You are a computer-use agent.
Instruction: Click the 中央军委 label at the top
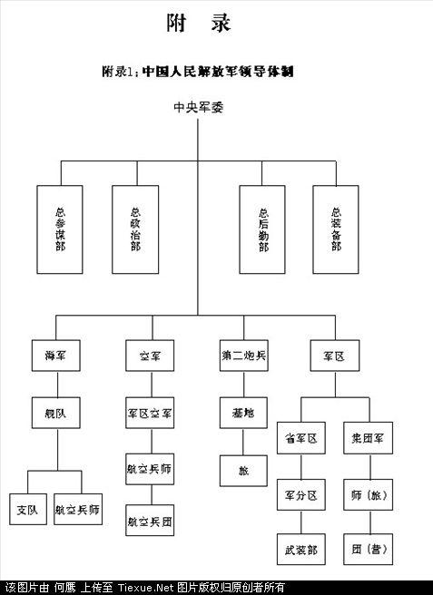click(199, 107)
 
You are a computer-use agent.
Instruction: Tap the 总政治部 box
click(135, 229)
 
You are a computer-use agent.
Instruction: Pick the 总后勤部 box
click(262, 229)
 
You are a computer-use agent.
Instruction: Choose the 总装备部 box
click(336, 229)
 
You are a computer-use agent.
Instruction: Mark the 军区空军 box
click(150, 413)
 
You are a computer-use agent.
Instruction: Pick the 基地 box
click(242, 413)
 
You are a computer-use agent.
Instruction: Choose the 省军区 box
click(300, 438)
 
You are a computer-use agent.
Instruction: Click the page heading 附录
click(199, 24)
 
